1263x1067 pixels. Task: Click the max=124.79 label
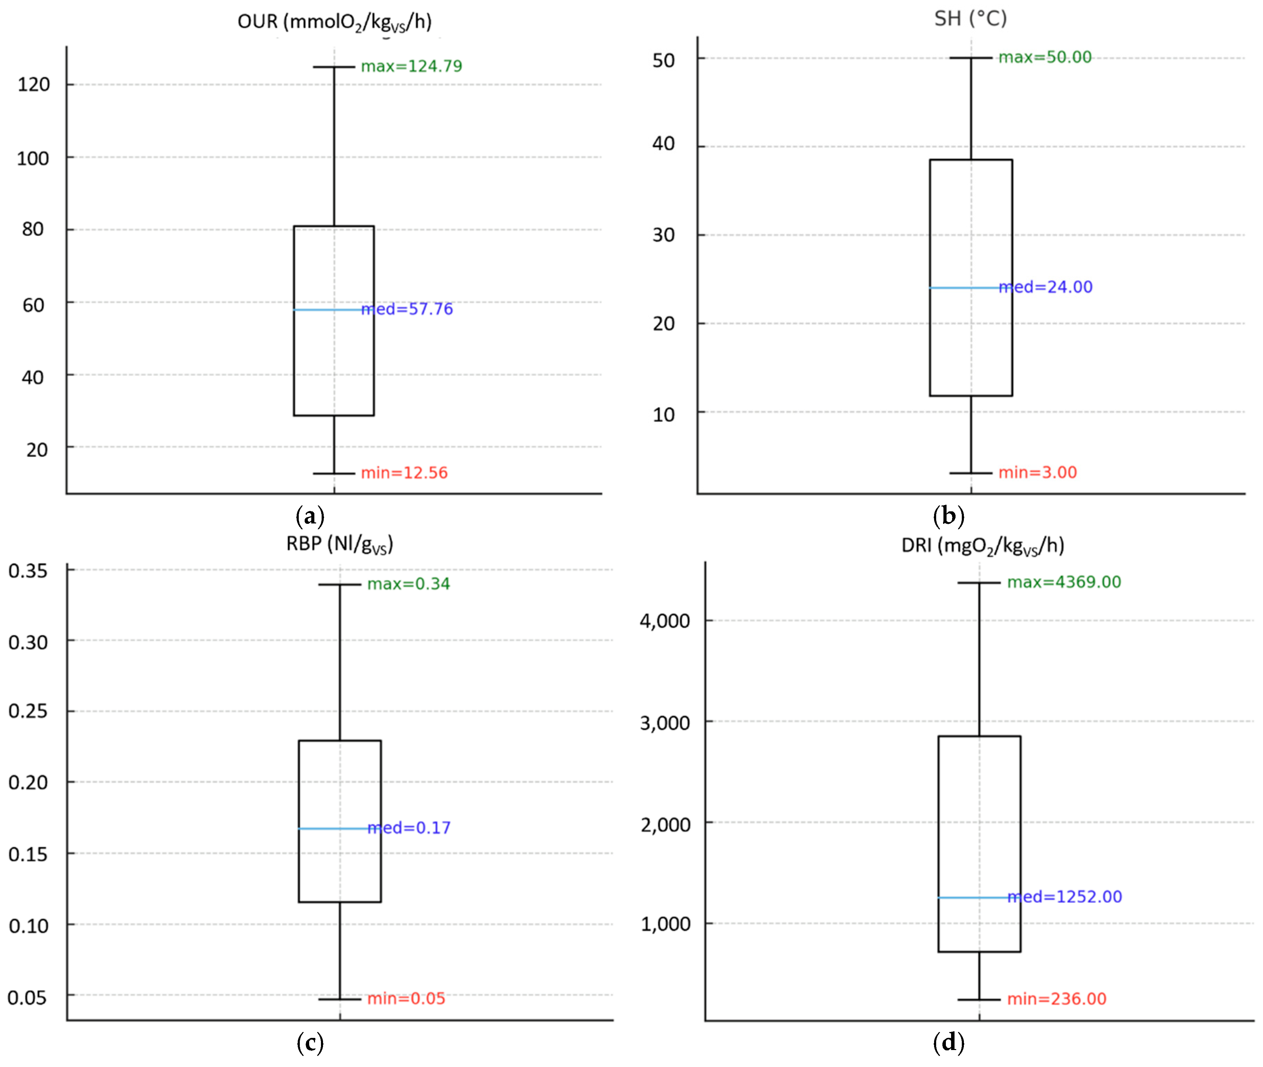(411, 66)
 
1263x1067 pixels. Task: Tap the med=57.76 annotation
(407, 309)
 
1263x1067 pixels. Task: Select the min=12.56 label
(404, 473)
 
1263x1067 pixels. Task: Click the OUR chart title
(334, 22)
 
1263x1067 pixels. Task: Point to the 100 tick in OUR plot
(33, 158)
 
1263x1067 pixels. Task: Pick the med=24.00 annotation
(1045, 287)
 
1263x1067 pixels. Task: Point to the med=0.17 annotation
(409, 828)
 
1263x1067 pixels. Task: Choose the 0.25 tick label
(28, 711)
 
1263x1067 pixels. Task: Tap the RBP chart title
(339, 544)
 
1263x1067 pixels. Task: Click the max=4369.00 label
(1063, 582)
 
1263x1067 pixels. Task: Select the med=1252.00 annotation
(1064, 897)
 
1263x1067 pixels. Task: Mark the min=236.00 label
(1056, 999)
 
